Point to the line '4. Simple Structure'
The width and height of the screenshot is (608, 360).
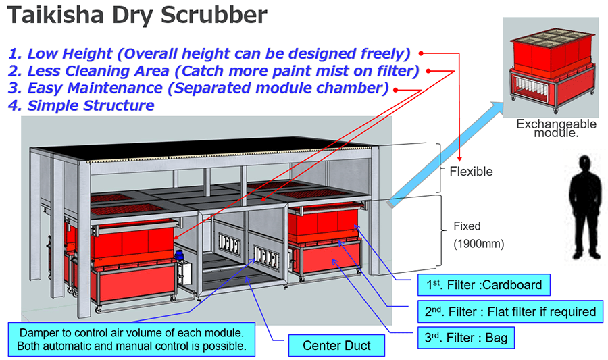pos(81,105)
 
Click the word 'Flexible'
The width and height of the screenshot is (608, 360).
pos(471,172)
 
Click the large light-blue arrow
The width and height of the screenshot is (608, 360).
pos(446,151)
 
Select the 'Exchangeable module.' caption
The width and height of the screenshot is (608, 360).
pos(555,128)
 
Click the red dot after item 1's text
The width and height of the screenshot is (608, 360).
pos(420,53)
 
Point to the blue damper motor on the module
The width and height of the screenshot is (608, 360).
pos(180,256)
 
